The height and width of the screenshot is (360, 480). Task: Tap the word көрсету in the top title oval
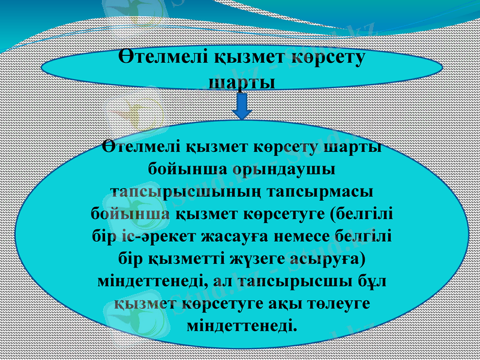click(x=328, y=59)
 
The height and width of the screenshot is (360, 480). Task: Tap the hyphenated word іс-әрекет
click(x=159, y=236)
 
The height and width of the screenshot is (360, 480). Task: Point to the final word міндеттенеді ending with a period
click(x=242, y=326)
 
